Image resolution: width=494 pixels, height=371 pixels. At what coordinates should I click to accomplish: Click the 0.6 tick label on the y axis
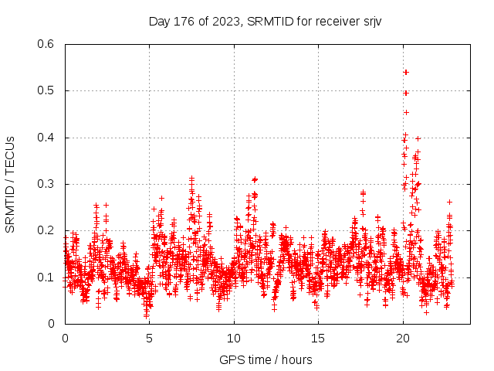[x=46, y=45]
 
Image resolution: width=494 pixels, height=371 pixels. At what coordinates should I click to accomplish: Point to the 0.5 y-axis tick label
[x=46, y=91]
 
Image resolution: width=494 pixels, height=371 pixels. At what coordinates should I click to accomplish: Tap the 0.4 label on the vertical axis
[x=46, y=138]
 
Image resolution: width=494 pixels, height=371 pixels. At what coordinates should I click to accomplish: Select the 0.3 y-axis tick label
[x=46, y=184]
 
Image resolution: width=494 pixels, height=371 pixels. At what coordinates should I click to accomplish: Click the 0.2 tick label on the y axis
[x=46, y=231]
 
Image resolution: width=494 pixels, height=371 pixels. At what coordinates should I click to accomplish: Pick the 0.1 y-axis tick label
[x=46, y=277]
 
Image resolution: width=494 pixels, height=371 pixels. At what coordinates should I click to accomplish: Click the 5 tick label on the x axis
[x=149, y=338]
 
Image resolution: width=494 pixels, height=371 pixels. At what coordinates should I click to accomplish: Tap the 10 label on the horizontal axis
[x=234, y=338]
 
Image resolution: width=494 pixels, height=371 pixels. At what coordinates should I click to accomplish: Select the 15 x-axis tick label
[x=318, y=338]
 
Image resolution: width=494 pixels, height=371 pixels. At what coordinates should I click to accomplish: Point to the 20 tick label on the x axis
[x=402, y=338]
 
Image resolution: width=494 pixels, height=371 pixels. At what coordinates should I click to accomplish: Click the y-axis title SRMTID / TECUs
[x=11, y=185]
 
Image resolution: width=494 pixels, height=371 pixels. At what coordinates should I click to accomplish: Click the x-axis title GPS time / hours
[x=266, y=359]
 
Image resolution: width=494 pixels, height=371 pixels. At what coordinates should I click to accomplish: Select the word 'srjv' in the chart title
[x=370, y=21]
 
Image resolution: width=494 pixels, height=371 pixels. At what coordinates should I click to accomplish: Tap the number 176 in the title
[x=184, y=21]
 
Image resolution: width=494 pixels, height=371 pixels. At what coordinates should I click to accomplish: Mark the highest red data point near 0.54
[x=406, y=72]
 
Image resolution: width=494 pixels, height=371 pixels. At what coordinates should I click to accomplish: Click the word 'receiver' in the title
[x=334, y=21]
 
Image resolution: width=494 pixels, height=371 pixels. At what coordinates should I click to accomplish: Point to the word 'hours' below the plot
[x=296, y=359]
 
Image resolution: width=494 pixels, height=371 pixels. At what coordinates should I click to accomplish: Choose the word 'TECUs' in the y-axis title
[x=11, y=154]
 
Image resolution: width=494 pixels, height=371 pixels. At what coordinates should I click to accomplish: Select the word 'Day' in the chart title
[x=159, y=21]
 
